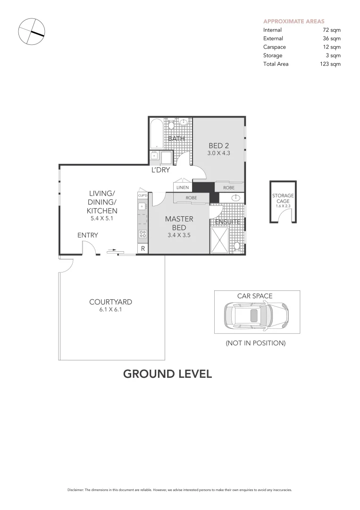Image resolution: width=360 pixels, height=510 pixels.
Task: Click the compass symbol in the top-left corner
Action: (31, 32)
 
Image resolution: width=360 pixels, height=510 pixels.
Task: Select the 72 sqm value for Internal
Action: (331, 30)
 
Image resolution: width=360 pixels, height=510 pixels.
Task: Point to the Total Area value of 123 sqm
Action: (330, 64)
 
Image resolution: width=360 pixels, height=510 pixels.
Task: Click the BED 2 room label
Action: (218, 146)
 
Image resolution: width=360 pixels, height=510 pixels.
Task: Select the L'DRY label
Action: (160, 170)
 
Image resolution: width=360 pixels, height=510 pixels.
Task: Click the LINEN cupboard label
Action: (182, 187)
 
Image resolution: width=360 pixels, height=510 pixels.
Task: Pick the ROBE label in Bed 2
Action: (228, 187)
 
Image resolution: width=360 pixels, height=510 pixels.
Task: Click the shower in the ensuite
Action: (219, 240)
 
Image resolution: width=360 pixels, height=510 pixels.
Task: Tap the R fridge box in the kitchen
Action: (142, 249)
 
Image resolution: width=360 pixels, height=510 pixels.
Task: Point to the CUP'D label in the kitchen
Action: (142, 195)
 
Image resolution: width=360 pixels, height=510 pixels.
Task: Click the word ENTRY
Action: (88, 235)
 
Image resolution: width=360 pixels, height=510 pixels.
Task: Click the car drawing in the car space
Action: (257, 316)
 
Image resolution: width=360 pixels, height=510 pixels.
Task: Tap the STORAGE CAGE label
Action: (283, 198)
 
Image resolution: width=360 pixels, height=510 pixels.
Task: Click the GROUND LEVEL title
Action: (167, 374)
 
